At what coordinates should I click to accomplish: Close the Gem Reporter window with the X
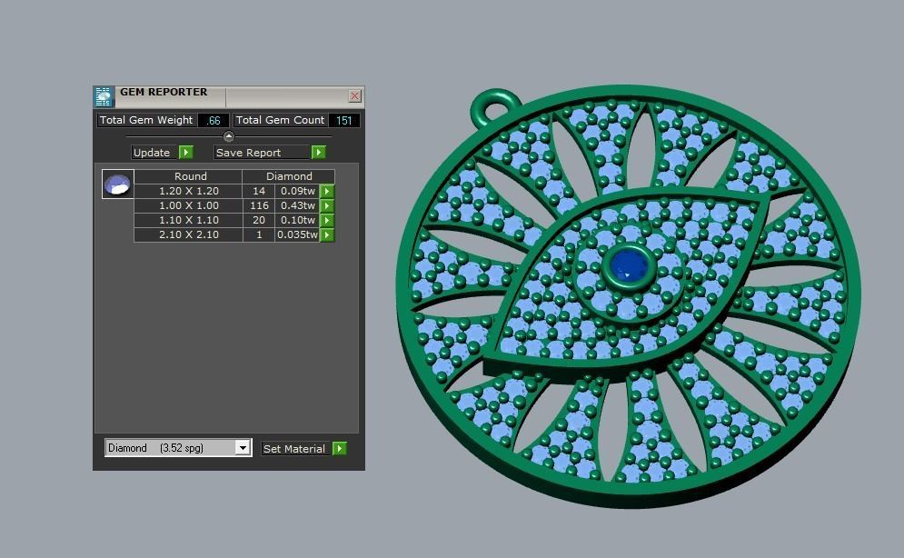tap(354, 95)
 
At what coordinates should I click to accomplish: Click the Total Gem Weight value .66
tap(214, 120)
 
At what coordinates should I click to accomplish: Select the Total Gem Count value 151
tap(344, 120)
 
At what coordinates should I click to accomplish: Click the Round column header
tap(190, 176)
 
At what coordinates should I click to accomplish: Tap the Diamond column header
tap(289, 176)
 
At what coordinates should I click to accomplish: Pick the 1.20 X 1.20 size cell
tap(188, 192)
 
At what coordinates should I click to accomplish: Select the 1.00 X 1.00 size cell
tap(188, 206)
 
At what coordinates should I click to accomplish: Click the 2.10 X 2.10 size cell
tap(188, 235)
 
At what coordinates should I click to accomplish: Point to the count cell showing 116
tap(259, 206)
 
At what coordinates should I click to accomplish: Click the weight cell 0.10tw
tap(297, 221)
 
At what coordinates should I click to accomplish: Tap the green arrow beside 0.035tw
tap(328, 235)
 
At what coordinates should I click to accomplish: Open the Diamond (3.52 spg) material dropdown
tap(243, 448)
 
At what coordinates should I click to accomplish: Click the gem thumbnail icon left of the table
tap(118, 184)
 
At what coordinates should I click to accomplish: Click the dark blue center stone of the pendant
tap(628, 265)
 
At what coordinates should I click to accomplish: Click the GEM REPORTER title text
tap(164, 93)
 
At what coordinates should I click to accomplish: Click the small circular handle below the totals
tap(229, 136)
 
